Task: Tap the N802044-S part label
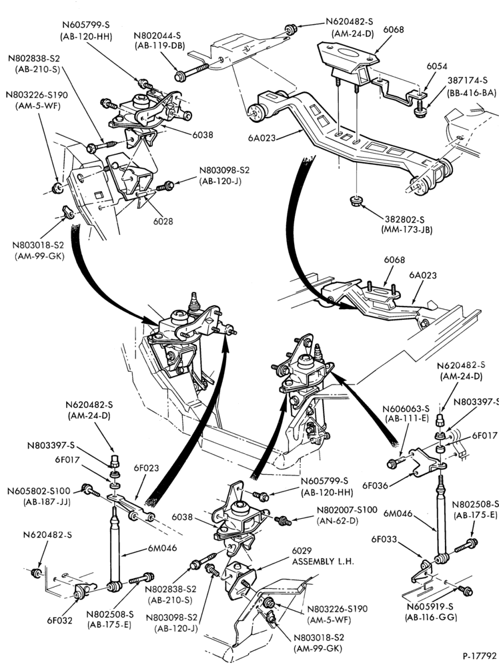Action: click(x=157, y=35)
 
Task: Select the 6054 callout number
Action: click(x=437, y=66)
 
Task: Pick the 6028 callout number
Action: click(x=163, y=221)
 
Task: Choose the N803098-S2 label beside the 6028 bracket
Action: click(x=225, y=170)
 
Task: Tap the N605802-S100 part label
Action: click(x=39, y=491)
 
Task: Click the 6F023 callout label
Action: click(x=146, y=468)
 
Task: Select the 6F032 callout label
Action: click(x=60, y=620)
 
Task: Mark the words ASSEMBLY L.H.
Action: click(x=323, y=561)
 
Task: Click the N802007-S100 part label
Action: click(x=347, y=510)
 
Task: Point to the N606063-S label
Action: click(x=406, y=409)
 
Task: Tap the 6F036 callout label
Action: click(x=375, y=485)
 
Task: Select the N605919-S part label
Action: click(x=430, y=607)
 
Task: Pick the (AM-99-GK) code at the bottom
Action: click(x=317, y=648)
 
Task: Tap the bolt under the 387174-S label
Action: click(x=420, y=109)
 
